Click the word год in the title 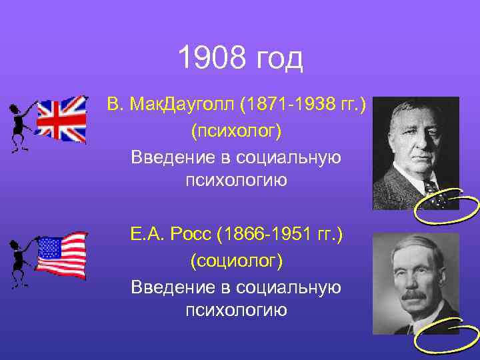pos(279,60)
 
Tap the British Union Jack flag pos(61,119)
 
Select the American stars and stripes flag pos(61,254)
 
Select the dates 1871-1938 pos(287,105)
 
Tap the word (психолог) pos(237,131)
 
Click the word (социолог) pos(237,261)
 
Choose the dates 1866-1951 pos(289,235)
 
